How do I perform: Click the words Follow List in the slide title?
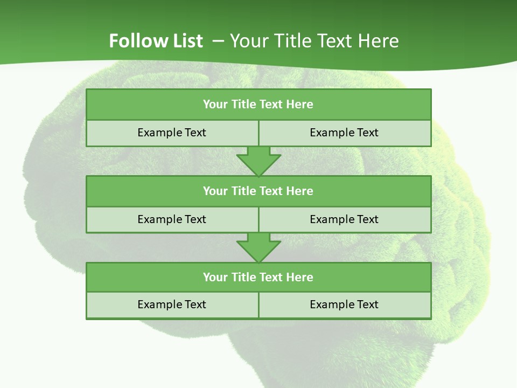156,41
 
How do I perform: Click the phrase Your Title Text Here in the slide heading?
315,41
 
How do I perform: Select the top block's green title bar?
258,104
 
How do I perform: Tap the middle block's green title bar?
258,191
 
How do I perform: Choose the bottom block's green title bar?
258,277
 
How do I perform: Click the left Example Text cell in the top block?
172,133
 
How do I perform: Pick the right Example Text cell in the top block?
344,133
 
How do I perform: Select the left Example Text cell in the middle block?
172,219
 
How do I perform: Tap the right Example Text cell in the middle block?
344,219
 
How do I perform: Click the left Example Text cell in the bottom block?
172,304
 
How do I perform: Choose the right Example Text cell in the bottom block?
344,304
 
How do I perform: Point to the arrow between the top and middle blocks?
258,161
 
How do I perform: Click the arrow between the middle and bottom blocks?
258,247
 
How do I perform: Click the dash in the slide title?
219,41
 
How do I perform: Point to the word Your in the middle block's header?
214,191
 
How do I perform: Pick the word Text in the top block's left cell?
195,133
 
